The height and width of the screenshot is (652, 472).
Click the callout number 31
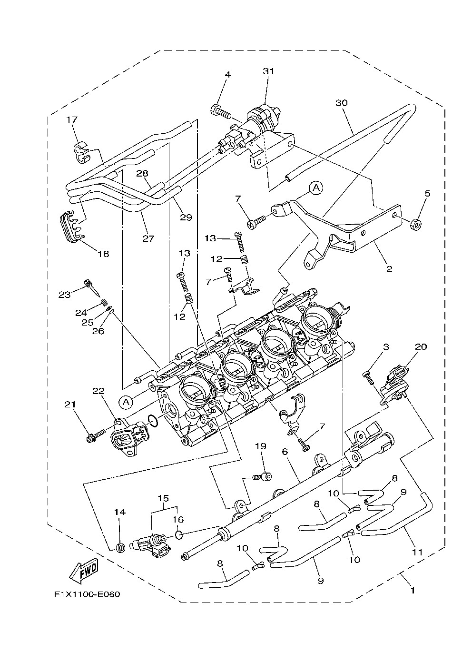point(269,71)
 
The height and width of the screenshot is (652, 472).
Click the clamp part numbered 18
point(70,228)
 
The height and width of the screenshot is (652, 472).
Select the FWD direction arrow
point(84,569)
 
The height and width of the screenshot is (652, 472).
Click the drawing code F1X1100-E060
point(87,594)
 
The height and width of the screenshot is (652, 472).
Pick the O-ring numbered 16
point(178,534)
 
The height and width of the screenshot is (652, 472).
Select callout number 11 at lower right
point(417,552)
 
